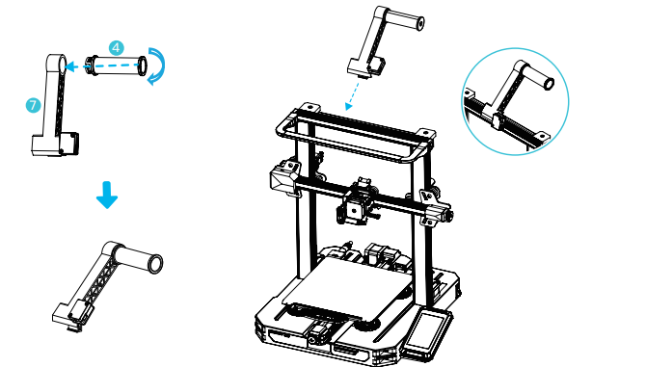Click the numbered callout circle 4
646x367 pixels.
point(117,48)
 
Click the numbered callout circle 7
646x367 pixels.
point(33,105)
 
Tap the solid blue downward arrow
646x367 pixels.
point(107,195)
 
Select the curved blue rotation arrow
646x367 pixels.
point(157,66)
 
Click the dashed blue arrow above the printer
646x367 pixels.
point(353,96)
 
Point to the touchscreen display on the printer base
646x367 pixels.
point(427,330)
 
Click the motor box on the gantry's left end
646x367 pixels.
point(284,177)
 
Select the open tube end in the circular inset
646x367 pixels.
point(550,84)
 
